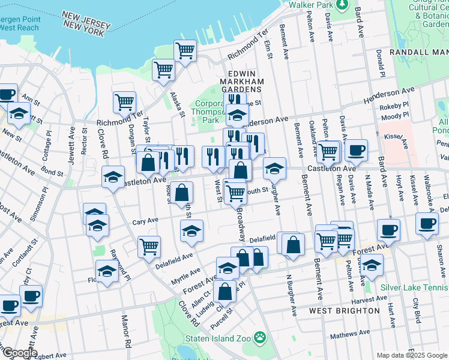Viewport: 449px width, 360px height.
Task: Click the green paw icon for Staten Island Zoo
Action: (260, 338)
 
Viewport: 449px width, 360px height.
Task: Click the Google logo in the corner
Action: (19, 353)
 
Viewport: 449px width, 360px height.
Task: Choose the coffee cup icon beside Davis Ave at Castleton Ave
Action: (356, 149)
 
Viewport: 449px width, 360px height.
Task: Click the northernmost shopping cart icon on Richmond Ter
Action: (185, 51)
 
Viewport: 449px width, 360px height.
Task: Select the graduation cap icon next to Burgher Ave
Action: (274, 169)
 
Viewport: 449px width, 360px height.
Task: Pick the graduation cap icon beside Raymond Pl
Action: (107, 271)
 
